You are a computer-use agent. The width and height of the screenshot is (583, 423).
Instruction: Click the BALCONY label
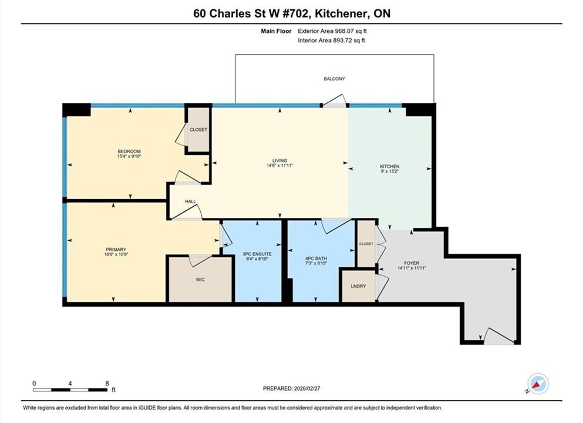334,79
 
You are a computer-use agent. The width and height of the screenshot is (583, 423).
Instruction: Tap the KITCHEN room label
389,166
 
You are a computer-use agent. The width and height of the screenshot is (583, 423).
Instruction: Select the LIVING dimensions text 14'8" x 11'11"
279,166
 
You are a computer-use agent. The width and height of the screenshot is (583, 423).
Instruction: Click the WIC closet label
200,280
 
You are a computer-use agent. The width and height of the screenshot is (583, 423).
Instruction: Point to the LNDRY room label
358,286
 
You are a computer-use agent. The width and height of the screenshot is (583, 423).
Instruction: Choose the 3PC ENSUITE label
257,254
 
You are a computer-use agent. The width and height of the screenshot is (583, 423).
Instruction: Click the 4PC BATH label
316,258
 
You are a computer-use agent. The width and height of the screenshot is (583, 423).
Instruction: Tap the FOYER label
411,263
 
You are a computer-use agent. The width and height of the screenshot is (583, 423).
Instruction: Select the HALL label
190,202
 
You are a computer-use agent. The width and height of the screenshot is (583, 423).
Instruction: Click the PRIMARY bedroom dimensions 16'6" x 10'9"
116,255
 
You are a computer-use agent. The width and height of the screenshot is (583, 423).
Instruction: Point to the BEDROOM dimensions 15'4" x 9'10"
129,157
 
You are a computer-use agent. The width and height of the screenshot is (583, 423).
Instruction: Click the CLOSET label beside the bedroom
198,129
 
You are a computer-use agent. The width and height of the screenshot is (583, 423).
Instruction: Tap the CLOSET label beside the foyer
366,244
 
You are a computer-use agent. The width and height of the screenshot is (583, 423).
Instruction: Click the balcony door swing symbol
335,101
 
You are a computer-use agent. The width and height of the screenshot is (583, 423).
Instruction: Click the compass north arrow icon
537,384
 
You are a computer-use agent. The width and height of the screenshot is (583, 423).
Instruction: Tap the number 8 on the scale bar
107,384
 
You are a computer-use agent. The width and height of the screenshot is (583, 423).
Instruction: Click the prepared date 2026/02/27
306,388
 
